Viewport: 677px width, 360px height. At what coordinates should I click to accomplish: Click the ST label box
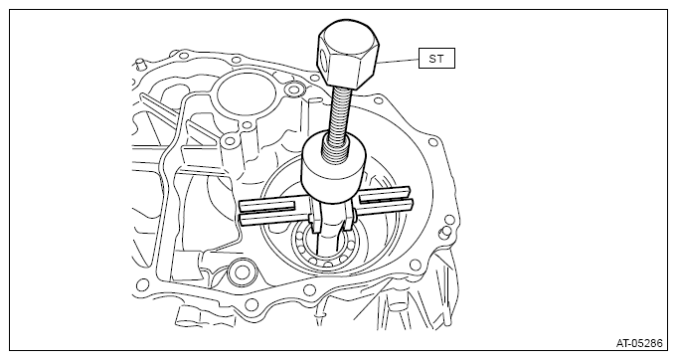point(436,58)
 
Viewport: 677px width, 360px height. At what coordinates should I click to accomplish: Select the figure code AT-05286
point(639,344)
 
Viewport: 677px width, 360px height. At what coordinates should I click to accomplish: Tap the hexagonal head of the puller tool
point(348,54)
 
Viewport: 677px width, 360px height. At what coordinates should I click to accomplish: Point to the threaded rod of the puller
point(341,116)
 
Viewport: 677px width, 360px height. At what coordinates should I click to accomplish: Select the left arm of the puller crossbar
point(271,211)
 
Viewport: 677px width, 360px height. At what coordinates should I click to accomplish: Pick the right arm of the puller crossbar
point(385,200)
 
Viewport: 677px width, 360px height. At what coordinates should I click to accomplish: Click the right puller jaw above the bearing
point(350,216)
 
